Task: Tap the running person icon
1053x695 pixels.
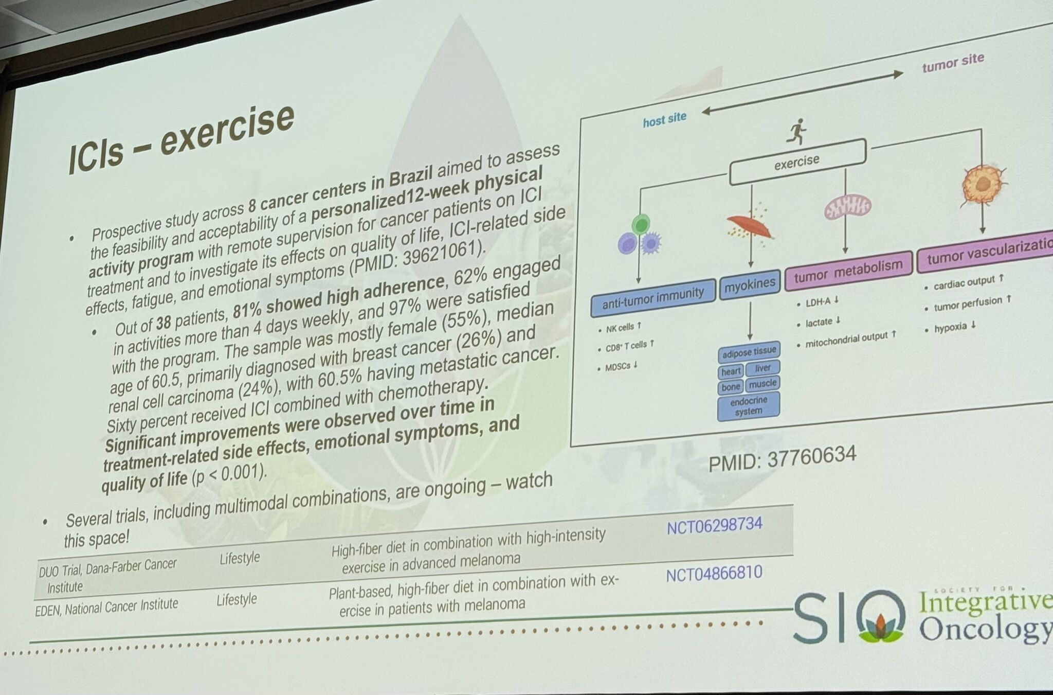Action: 796,132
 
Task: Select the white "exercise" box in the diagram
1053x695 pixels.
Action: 797,162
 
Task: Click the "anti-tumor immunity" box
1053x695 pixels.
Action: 653,297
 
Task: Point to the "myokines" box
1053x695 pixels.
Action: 750,284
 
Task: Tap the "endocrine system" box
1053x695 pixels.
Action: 748,406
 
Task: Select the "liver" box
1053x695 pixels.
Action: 762,368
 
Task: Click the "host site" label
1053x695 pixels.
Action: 664,120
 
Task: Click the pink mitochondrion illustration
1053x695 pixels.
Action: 847,206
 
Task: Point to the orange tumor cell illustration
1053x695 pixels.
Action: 983,185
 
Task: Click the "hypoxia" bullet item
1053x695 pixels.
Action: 955,327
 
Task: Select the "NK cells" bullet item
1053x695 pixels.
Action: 620,328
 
